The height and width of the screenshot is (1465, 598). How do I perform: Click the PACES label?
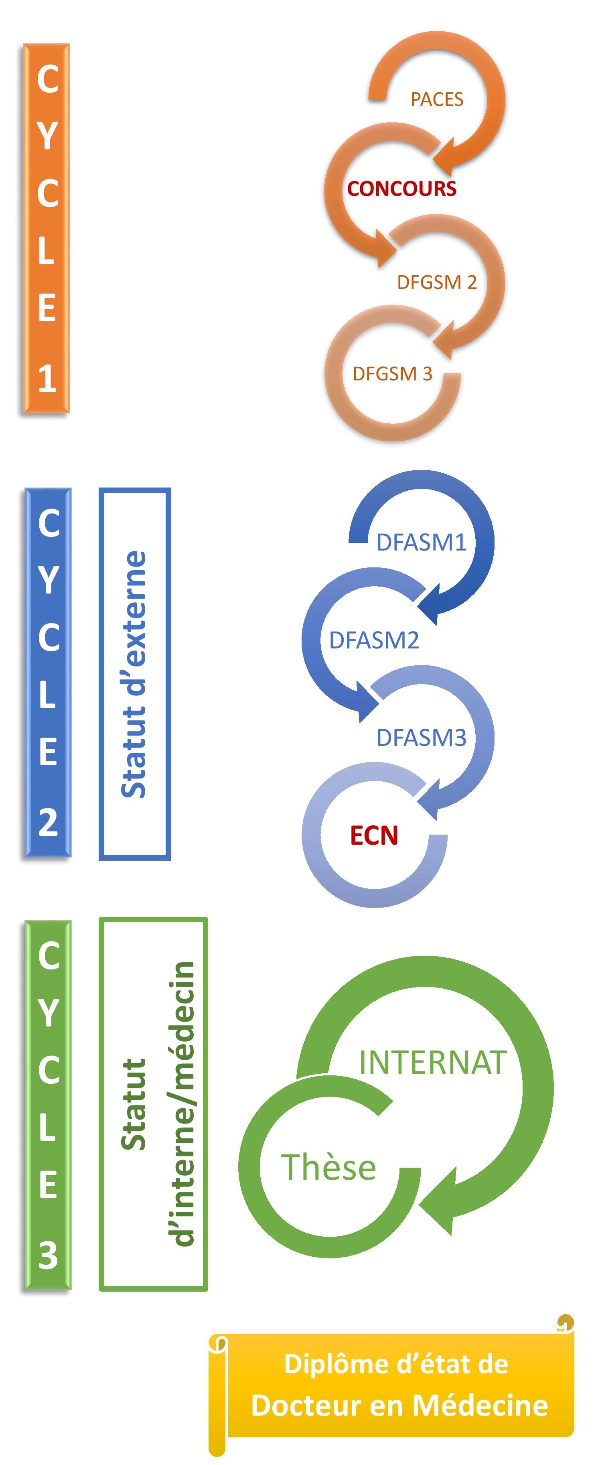tap(436, 100)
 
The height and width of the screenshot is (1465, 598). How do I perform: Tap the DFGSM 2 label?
tap(436, 282)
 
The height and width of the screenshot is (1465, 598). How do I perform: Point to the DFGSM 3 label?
tap(392, 374)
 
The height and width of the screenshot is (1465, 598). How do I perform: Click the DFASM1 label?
tap(421, 543)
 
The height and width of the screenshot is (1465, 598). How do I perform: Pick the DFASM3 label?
tap(421, 738)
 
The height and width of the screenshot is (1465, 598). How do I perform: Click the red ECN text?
tap(373, 835)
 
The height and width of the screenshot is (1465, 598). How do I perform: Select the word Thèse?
tap(328, 1167)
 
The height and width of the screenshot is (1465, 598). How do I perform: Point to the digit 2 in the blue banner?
tap(48, 822)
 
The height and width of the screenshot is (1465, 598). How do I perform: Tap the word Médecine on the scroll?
tap(480, 1405)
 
